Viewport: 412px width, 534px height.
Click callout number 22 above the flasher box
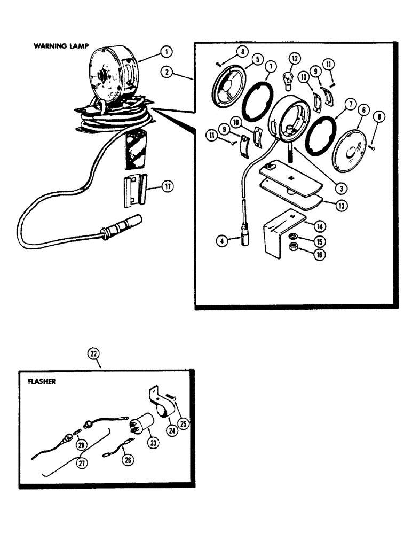(x=94, y=353)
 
